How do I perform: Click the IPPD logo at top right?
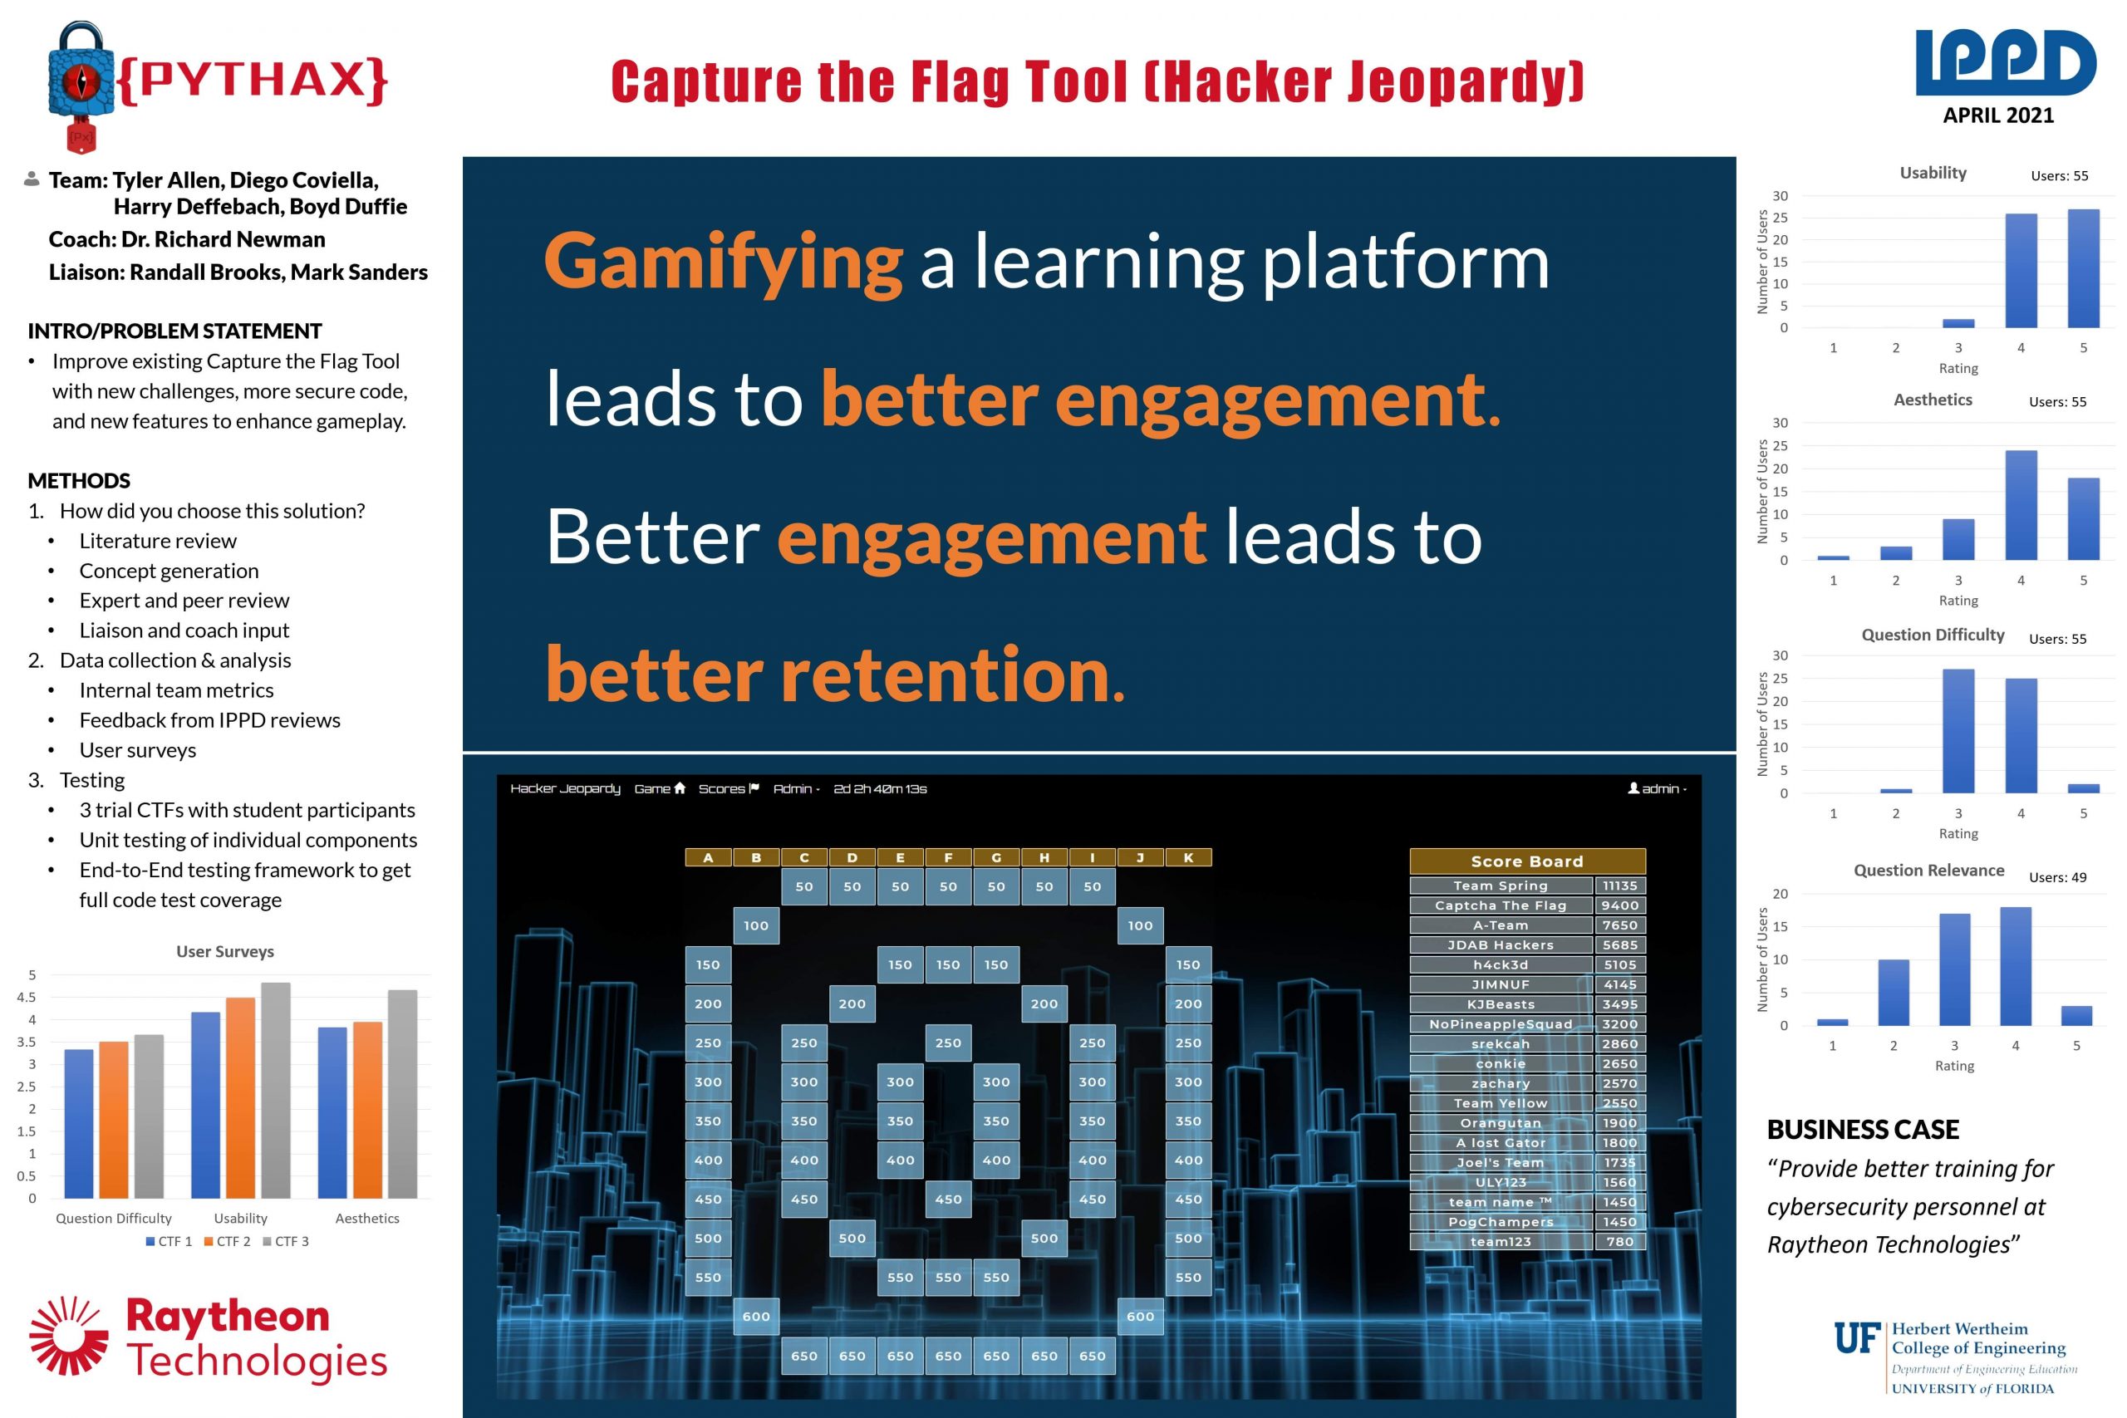click(2005, 62)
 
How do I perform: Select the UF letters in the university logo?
click(1858, 1338)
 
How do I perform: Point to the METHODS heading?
click(79, 480)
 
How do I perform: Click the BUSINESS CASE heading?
click(1863, 1130)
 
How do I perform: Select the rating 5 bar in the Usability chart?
click(2084, 268)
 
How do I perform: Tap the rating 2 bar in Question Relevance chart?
click(1894, 992)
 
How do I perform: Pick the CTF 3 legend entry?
click(286, 1242)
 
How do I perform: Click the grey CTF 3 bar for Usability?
click(276, 1091)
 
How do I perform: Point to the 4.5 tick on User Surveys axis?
click(27, 998)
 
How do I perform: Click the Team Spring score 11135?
click(1619, 886)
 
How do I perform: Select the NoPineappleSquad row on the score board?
click(1527, 1024)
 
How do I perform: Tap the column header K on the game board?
click(1188, 857)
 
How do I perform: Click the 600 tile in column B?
click(756, 1317)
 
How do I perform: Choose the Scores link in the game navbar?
click(729, 788)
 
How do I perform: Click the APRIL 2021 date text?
click(1998, 115)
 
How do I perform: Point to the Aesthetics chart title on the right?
click(1933, 400)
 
